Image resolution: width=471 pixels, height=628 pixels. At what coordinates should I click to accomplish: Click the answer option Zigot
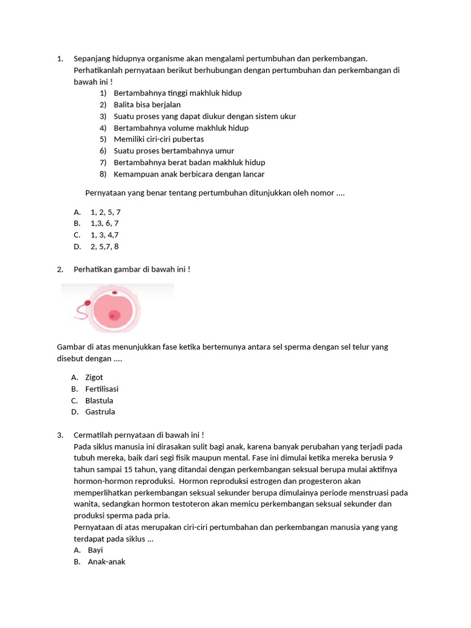pyautogui.click(x=94, y=377)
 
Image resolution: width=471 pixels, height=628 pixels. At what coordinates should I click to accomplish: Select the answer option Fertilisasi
pyautogui.click(x=102, y=389)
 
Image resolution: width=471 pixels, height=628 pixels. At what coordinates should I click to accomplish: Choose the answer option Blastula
pyautogui.click(x=99, y=400)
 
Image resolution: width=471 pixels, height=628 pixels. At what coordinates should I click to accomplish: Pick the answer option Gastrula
pyautogui.click(x=100, y=412)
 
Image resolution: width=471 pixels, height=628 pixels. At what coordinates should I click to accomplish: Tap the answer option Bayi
pyautogui.click(x=95, y=550)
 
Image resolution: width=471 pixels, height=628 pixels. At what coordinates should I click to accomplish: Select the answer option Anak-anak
pyautogui.click(x=106, y=561)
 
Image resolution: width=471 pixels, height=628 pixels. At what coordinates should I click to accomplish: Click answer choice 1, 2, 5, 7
pyautogui.click(x=105, y=212)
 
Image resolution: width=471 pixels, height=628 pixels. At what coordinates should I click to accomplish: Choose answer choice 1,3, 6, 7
pyautogui.click(x=104, y=223)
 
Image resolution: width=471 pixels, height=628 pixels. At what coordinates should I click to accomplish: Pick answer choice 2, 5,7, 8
pyautogui.click(x=104, y=247)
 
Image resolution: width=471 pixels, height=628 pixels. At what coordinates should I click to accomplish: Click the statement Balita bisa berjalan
pyautogui.click(x=147, y=105)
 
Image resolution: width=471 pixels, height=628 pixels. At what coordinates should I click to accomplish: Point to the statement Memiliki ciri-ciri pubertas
pyautogui.click(x=159, y=139)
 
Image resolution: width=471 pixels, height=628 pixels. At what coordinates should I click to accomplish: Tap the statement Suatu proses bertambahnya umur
pyautogui.click(x=174, y=151)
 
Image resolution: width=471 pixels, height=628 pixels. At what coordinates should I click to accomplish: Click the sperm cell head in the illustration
pyautogui.click(x=88, y=303)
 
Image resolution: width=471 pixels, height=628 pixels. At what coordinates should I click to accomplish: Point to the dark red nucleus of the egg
pyautogui.click(x=114, y=315)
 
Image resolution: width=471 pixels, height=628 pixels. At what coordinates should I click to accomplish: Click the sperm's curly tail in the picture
pyautogui.click(x=80, y=313)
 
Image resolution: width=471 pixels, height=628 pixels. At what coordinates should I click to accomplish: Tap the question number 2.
pyautogui.click(x=60, y=269)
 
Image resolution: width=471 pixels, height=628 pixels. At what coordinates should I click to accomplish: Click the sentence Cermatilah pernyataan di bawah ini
pyautogui.click(x=139, y=435)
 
